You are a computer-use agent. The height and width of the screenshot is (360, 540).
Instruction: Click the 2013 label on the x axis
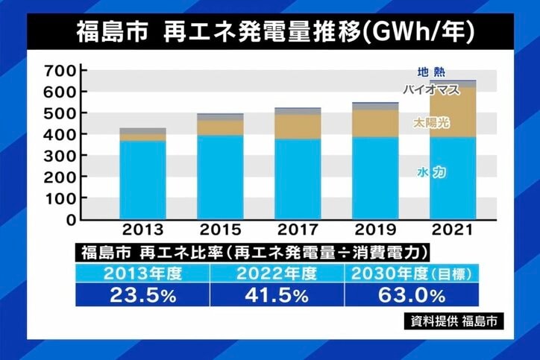coord(142,230)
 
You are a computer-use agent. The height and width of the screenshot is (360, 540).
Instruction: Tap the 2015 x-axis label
coord(221,230)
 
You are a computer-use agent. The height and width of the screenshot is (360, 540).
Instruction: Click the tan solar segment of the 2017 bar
coord(298,126)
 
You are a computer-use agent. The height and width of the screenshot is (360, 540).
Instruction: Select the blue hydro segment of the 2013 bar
coord(142,179)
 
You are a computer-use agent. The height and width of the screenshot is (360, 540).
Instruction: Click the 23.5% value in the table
coord(142,294)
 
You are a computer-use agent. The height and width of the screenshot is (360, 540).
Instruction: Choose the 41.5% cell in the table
coord(275,294)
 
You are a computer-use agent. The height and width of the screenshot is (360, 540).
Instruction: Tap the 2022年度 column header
coord(275,274)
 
